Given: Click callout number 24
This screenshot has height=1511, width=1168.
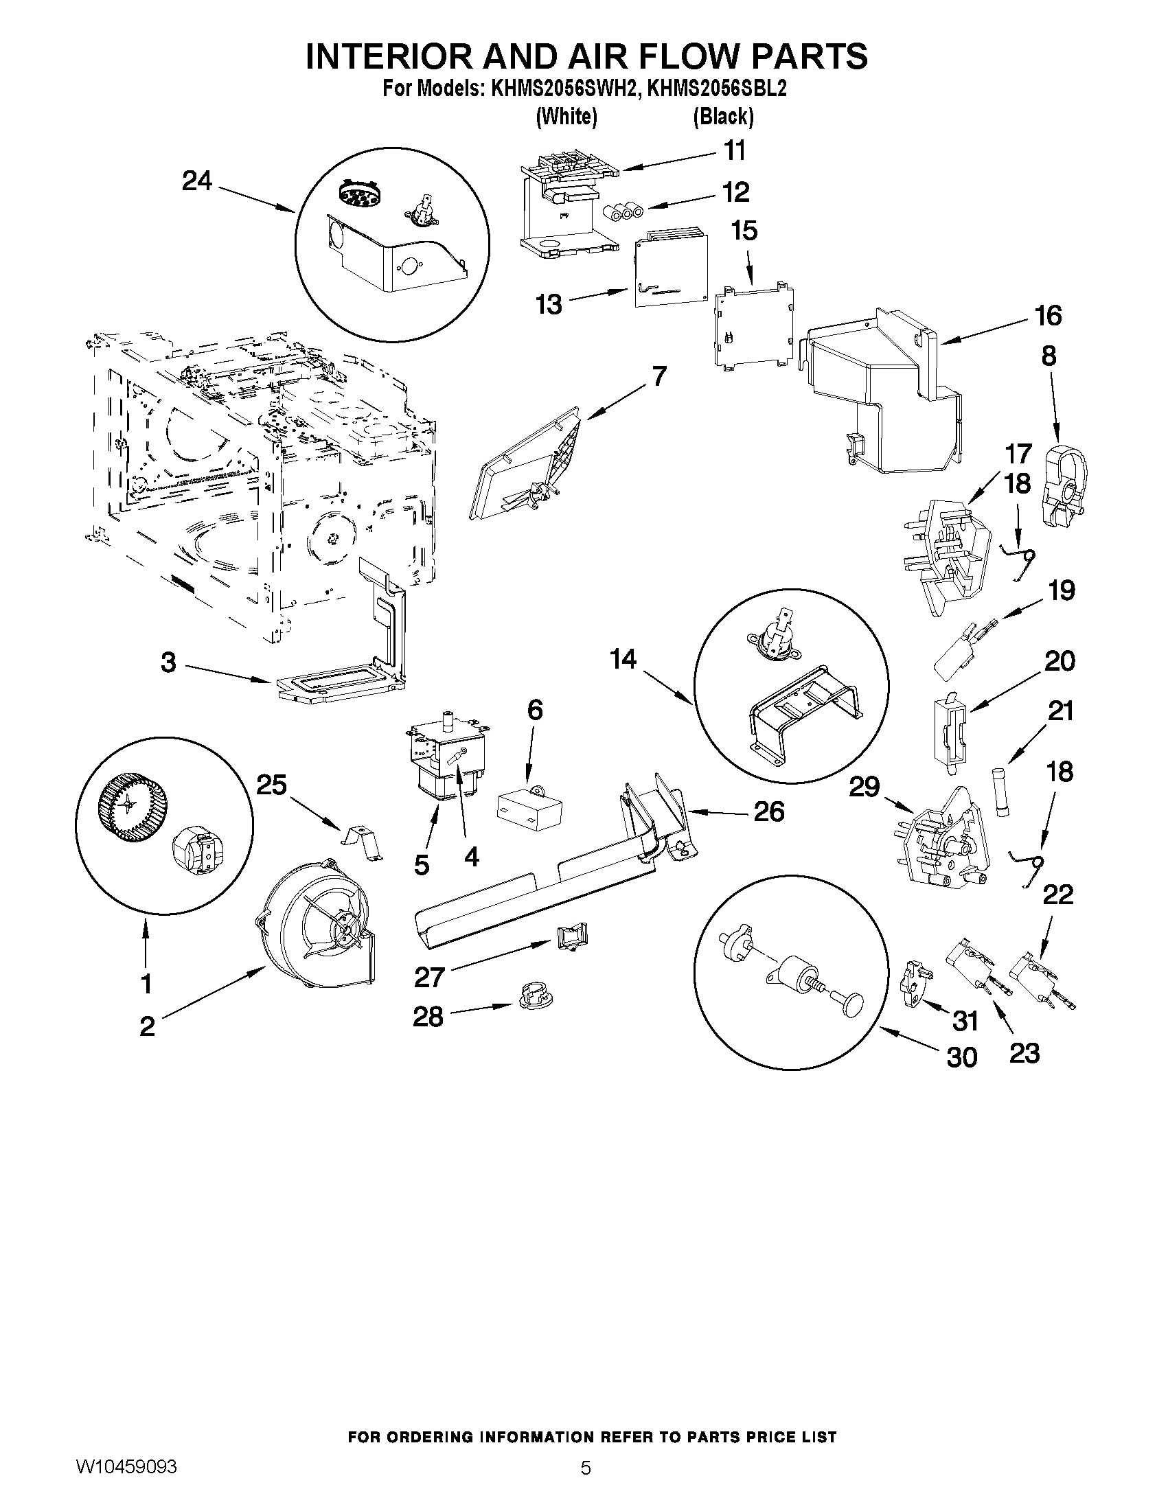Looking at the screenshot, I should pos(196,181).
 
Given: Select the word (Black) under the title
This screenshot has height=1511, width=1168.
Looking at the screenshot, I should pos(723,117).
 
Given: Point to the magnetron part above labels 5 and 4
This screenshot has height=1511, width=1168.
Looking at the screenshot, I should pos(444,761).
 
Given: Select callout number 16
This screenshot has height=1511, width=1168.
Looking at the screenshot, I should pos(1049,316).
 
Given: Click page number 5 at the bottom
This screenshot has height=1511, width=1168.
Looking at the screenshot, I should pos(586,1485).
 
